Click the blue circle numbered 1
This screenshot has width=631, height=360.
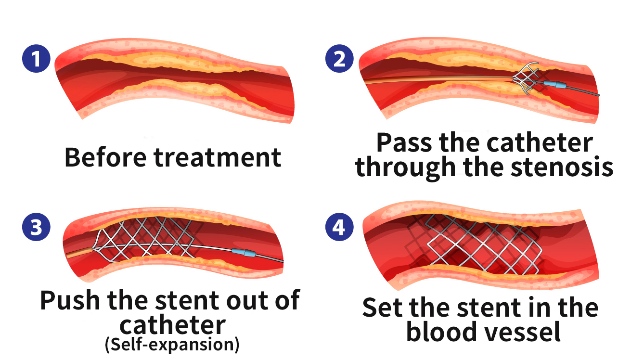coord(36,59)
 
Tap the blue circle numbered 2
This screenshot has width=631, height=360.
coord(339,59)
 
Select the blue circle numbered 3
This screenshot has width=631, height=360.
coord(36,227)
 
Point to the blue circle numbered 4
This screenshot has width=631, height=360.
coord(339,227)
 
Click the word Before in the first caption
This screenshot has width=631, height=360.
coord(105,157)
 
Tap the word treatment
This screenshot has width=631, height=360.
coord(218,158)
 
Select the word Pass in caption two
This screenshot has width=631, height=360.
coord(404,142)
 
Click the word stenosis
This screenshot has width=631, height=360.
coord(562,167)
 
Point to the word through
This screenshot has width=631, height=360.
coord(405,168)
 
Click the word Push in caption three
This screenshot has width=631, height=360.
coord(70,300)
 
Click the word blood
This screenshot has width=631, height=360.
coord(441,331)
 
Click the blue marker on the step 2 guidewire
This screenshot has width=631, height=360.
coord(554,84)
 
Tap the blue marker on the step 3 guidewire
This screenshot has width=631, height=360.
coord(244,253)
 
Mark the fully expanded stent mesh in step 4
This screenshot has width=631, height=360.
coord(473,245)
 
